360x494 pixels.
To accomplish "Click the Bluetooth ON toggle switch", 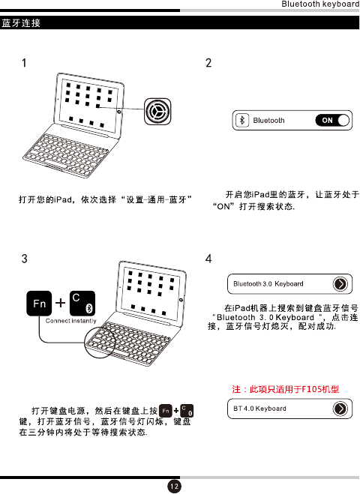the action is pos(332,120).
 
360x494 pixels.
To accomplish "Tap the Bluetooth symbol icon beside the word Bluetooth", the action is pos(242,120).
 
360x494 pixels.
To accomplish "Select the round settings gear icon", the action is pos(157,111).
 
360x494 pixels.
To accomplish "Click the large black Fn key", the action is pos(39,303).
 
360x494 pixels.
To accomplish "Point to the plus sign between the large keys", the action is pos(60,303).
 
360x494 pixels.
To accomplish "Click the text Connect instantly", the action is pos(70,321).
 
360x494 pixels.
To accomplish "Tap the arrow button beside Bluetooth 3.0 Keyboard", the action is pos(340,284).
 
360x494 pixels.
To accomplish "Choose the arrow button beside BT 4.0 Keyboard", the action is pos(340,409).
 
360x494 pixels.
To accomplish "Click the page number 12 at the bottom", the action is pos(174,486).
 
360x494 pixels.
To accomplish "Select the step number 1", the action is pos(24,63).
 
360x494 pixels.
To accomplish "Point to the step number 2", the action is pos(208,63).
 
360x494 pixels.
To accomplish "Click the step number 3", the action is pos(24,259).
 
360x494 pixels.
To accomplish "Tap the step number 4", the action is pos(208,259).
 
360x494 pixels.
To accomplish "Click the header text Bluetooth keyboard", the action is pos(320,4).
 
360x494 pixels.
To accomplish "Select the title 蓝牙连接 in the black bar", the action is pos(21,23).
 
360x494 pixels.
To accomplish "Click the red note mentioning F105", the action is pos(286,389).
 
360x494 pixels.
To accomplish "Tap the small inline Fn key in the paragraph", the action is pos(166,411).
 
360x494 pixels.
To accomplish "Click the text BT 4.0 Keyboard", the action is pos(259,409).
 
